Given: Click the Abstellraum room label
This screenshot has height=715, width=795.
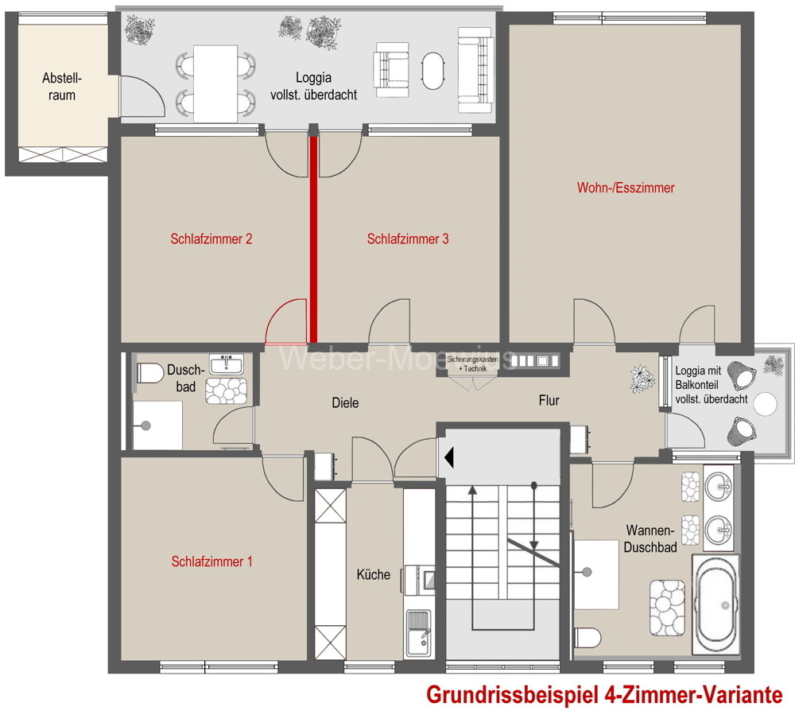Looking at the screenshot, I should point(62,87).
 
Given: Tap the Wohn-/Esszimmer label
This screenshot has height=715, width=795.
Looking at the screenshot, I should point(626,188).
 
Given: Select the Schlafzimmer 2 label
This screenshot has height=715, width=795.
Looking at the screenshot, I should point(211,239).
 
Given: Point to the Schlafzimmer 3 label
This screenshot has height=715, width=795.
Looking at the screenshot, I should point(408,239).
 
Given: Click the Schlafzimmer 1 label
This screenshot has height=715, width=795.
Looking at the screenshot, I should point(212,562).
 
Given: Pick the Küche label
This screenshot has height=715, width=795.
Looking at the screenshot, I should point(373,573).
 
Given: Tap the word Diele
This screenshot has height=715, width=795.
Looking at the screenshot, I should point(345,403).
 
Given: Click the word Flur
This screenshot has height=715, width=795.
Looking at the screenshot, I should point(549,400).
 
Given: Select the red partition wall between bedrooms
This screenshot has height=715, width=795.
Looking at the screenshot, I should point(313,239).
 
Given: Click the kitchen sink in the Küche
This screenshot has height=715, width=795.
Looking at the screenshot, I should point(417,632).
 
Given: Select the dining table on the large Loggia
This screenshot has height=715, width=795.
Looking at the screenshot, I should point(215,84).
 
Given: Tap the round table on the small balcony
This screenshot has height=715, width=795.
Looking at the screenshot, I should point(765,404).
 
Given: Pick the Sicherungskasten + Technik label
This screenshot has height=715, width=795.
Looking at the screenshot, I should point(472,365).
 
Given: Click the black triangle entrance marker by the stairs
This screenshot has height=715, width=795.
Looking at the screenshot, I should point(449,457).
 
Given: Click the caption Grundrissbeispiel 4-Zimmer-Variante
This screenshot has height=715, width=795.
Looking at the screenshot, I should point(604,694).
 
